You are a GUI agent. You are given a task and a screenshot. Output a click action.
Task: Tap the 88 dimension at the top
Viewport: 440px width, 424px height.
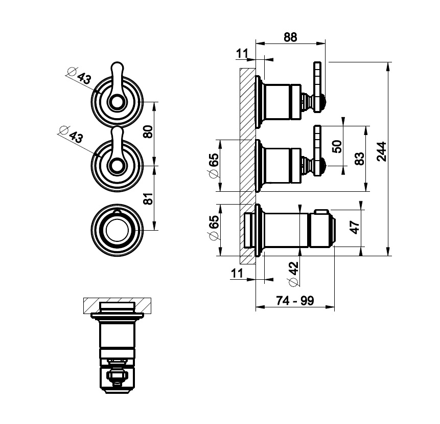(290, 37)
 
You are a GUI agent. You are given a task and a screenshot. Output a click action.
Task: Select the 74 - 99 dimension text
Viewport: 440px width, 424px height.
(295, 301)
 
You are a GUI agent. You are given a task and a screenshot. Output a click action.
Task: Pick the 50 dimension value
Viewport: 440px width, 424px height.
(336, 147)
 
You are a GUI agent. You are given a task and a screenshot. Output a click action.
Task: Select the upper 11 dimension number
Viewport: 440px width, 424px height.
(242, 53)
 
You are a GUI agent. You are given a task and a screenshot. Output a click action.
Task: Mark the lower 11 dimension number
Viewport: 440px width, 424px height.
(237, 273)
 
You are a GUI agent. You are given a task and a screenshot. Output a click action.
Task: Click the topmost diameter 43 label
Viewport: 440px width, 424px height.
(79, 77)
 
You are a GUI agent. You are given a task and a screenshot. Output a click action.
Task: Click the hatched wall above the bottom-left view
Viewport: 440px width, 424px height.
(118, 306)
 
